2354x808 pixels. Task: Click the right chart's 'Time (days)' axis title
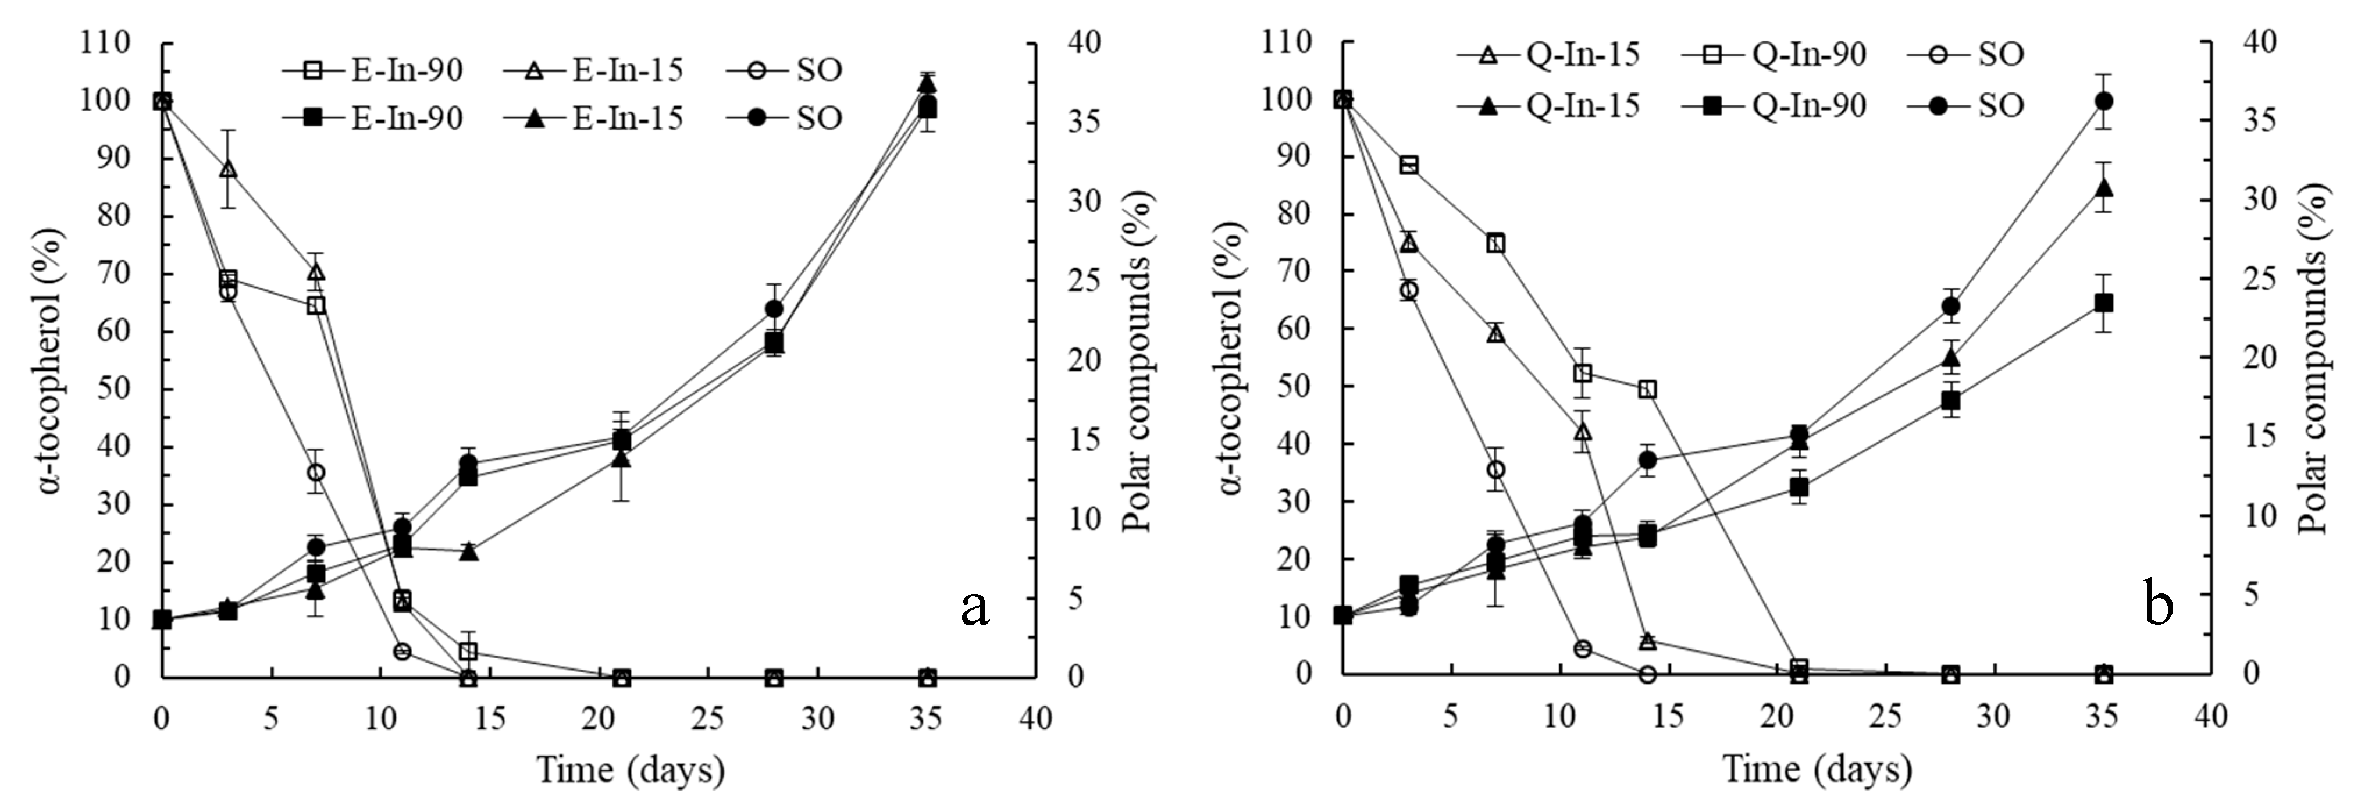click(x=1817, y=770)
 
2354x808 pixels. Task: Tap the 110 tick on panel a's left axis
click(x=106, y=43)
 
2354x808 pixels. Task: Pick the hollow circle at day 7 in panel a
click(x=316, y=472)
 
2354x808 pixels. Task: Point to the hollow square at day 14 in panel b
click(x=1648, y=389)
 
